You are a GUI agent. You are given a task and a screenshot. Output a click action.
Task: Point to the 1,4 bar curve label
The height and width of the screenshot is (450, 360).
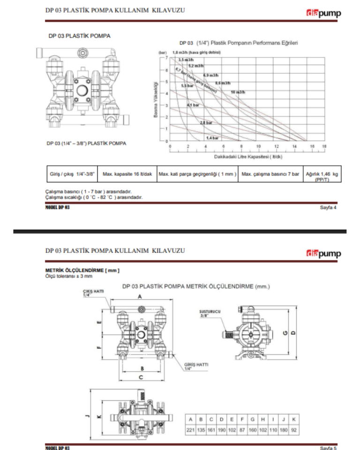tap(212, 138)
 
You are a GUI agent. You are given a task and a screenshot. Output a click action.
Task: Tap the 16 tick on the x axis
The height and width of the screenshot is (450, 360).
tap(313, 146)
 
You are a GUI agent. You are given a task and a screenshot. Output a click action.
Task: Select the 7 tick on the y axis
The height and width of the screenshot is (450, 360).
tap(166, 57)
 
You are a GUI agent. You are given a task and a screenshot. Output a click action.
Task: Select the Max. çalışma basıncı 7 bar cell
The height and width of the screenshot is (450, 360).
tap(270, 174)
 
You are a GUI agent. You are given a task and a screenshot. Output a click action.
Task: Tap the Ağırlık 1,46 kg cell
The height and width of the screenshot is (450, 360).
tap(322, 176)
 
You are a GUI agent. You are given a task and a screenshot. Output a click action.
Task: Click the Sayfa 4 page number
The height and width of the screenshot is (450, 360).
tap(328, 208)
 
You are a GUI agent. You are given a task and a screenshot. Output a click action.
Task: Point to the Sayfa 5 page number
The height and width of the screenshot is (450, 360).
tap(328, 448)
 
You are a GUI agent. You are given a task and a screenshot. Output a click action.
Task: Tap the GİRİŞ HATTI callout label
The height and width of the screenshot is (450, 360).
tap(196, 366)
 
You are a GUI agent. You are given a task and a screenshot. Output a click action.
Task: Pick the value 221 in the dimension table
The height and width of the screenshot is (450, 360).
tap(191, 429)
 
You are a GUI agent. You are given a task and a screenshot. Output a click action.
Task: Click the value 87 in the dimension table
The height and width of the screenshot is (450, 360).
tap(242, 429)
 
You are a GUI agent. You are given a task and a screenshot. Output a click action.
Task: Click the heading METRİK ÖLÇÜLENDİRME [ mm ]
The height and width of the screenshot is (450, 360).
tap(82, 270)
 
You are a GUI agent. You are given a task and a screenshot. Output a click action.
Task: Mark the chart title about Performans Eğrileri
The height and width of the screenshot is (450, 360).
tap(239, 43)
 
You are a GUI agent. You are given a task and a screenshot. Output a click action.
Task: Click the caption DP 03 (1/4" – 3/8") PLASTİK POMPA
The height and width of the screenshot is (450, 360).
tap(86, 143)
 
